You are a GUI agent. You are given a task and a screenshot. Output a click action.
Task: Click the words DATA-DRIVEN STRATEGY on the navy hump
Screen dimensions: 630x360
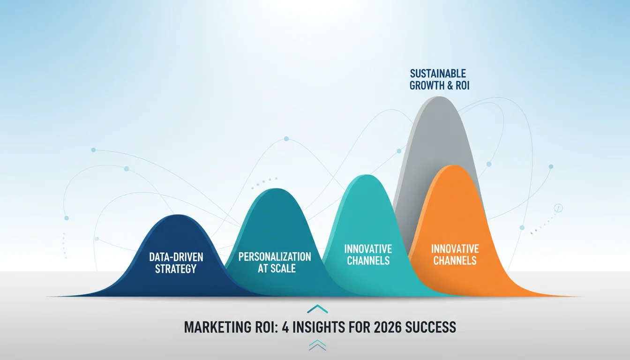(176, 262)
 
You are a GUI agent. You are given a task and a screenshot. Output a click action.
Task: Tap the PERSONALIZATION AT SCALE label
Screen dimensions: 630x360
(275, 262)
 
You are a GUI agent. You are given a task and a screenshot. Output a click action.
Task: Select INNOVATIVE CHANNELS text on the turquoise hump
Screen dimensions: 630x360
(368, 255)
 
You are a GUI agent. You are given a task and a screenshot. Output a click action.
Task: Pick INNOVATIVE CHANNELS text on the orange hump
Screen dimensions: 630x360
(455, 255)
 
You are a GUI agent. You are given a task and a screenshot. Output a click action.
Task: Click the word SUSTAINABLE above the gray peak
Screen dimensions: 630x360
(438, 74)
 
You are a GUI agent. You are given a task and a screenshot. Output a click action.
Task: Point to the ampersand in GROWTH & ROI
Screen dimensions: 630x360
(450, 85)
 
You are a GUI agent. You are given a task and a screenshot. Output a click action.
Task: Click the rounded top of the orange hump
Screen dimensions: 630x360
(453, 166)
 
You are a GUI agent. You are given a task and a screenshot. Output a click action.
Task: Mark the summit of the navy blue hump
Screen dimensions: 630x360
(178, 216)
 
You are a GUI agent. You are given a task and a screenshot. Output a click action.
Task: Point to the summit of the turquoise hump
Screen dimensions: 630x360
(367, 176)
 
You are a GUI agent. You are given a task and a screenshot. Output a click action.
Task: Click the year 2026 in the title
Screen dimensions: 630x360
(387, 327)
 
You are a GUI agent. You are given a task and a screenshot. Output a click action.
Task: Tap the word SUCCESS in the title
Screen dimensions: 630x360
(430, 327)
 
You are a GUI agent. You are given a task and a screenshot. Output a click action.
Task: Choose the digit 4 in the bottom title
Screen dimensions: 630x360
(285, 327)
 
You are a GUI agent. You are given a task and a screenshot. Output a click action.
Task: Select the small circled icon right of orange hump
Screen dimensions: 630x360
(558, 208)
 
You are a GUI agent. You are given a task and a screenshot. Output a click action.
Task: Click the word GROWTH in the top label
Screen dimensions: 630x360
(427, 85)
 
